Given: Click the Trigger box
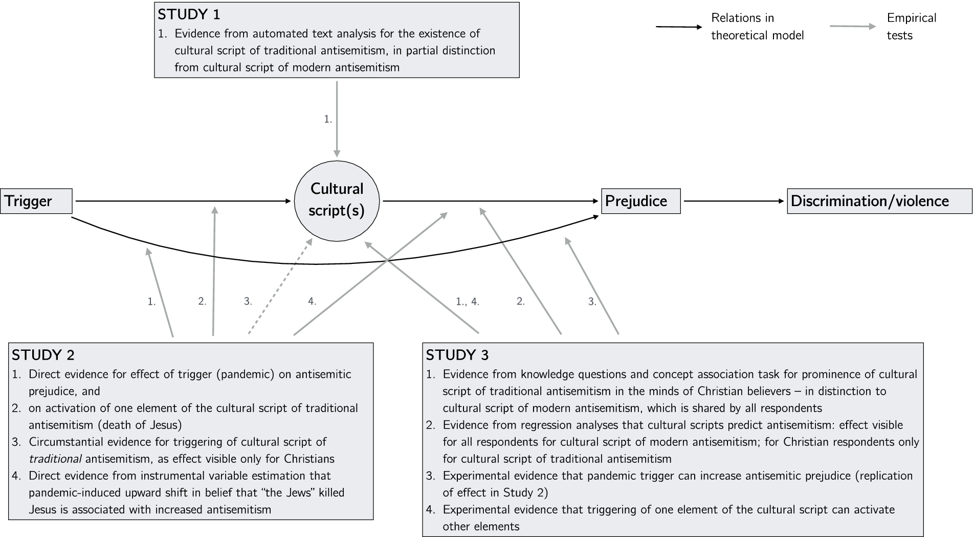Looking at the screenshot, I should coord(36,201).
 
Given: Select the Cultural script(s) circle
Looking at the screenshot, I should coord(337,201).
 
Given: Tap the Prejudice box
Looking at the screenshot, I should coord(640,201).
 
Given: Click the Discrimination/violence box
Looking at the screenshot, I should coord(879,201).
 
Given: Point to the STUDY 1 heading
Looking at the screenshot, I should coord(189,14).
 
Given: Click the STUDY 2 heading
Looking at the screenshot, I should coord(43,355).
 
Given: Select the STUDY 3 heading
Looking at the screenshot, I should coord(457,355).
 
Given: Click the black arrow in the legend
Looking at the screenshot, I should coord(679,27).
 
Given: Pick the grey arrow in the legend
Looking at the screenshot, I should coord(852,27).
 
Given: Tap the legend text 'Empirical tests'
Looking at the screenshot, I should coord(911,27).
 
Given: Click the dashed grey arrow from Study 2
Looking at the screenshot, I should coord(280,286).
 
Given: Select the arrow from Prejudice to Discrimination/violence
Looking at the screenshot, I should coord(734,201).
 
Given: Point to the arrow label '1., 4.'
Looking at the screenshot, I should coord(467,302).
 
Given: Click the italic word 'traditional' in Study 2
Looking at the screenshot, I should coord(55,459).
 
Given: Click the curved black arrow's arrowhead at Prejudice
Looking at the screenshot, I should coord(596,217).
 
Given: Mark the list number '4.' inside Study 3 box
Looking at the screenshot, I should coord(431,509).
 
